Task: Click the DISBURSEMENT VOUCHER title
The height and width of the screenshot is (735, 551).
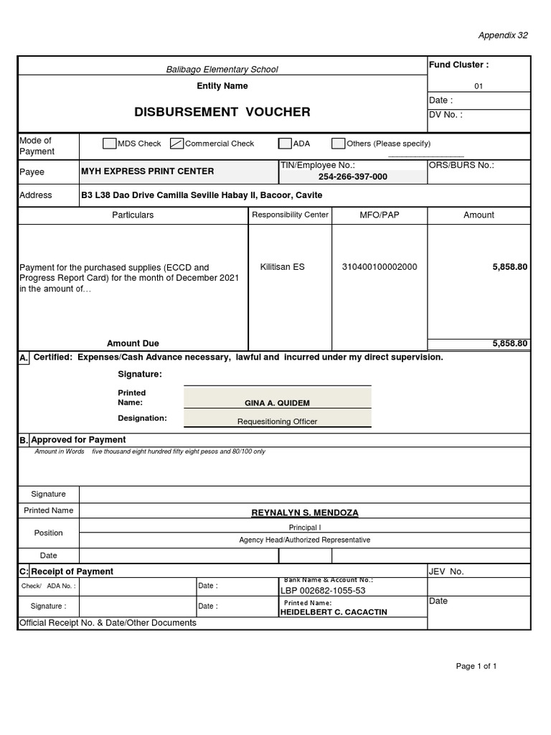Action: [x=222, y=112]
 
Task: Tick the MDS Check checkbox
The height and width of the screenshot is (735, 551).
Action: [x=109, y=144]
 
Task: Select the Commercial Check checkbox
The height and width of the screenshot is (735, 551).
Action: [x=176, y=144]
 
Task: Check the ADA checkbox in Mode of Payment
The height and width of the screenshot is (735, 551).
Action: [x=285, y=144]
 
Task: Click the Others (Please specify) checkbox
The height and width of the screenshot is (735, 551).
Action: [x=339, y=144]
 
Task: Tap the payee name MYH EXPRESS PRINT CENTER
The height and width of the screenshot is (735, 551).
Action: [x=147, y=172]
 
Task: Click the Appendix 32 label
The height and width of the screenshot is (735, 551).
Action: [x=503, y=36]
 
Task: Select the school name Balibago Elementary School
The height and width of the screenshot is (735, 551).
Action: [x=222, y=70]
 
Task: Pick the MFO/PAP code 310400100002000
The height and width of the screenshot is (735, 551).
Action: [x=380, y=267]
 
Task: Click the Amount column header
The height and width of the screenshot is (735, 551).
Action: [x=479, y=215]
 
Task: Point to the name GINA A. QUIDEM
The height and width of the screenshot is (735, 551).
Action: [x=277, y=403]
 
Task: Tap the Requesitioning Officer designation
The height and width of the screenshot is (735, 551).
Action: [x=277, y=422]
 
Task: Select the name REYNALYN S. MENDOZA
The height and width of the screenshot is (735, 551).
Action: [x=304, y=513]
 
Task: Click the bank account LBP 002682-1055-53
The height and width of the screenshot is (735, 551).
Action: [x=323, y=591]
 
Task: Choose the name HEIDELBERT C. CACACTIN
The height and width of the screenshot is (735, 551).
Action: [x=324, y=612]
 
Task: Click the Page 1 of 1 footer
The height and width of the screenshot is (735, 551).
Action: [x=476, y=666]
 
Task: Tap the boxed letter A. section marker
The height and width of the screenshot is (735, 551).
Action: [x=24, y=358]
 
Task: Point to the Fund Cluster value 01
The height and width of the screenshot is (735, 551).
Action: [x=479, y=87]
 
